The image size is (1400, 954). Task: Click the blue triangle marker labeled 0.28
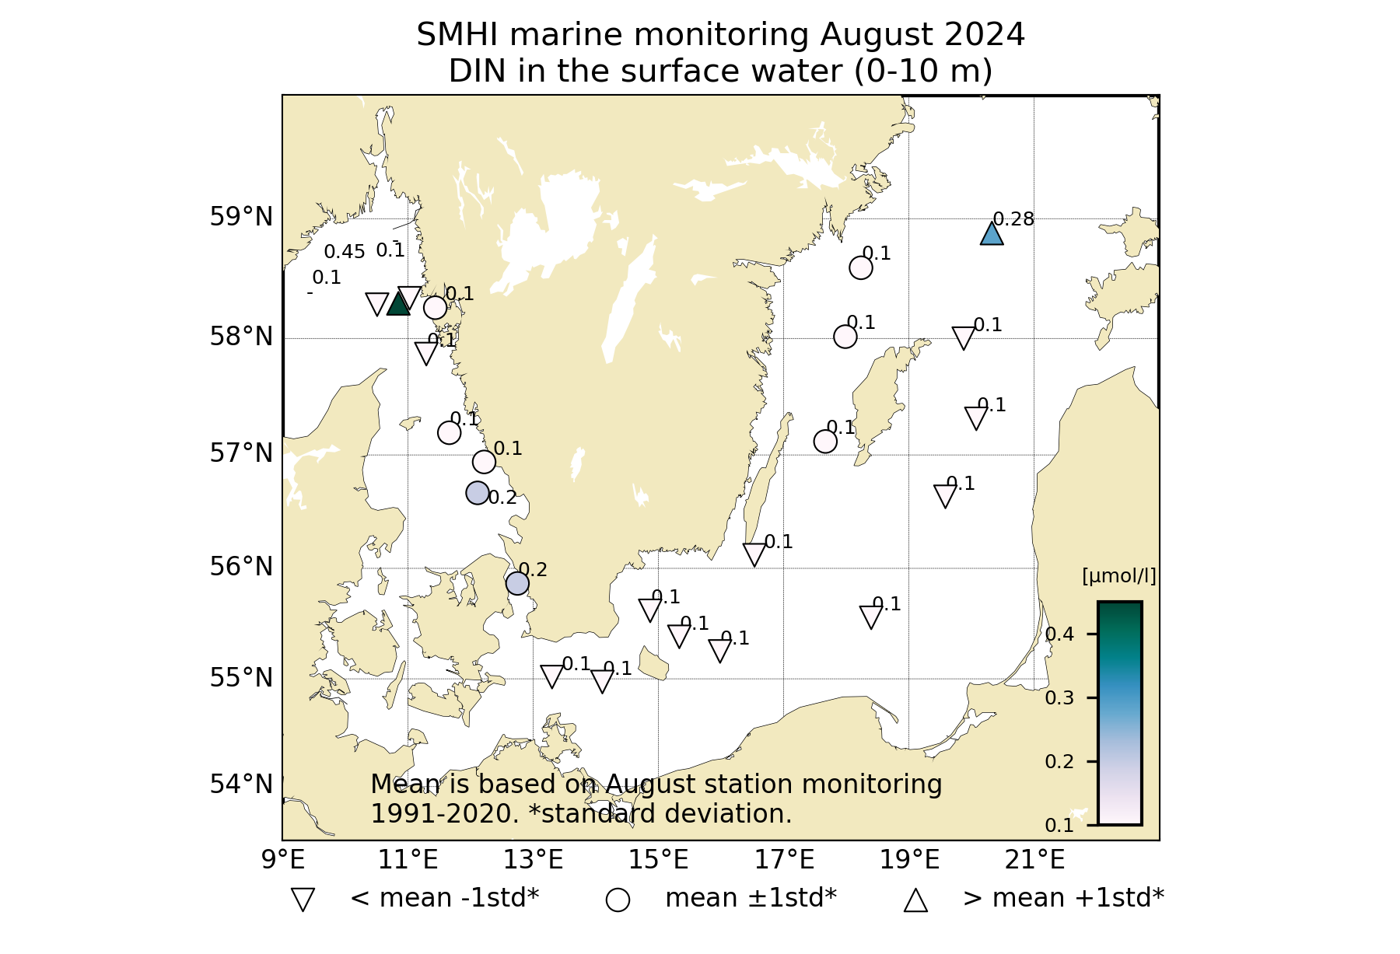[x=992, y=234]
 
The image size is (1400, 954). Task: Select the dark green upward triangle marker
[x=398, y=304]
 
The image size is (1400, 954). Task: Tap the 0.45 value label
[x=344, y=252]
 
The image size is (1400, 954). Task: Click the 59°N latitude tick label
[x=241, y=217]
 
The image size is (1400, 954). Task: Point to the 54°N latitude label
[x=241, y=785]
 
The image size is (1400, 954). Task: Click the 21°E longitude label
[x=1034, y=860]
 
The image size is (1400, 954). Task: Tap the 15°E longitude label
[x=659, y=860]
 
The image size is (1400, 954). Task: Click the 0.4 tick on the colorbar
[x=1059, y=634]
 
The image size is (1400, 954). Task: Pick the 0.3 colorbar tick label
[x=1059, y=698]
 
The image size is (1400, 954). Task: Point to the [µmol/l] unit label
[x=1118, y=576]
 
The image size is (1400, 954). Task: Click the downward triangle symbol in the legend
[x=303, y=900]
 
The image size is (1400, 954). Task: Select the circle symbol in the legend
[x=618, y=900]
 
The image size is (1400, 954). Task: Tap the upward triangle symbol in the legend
[x=915, y=900]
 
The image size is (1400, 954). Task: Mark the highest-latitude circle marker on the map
[x=860, y=267]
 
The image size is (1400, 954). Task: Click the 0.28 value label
[x=1013, y=219]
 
